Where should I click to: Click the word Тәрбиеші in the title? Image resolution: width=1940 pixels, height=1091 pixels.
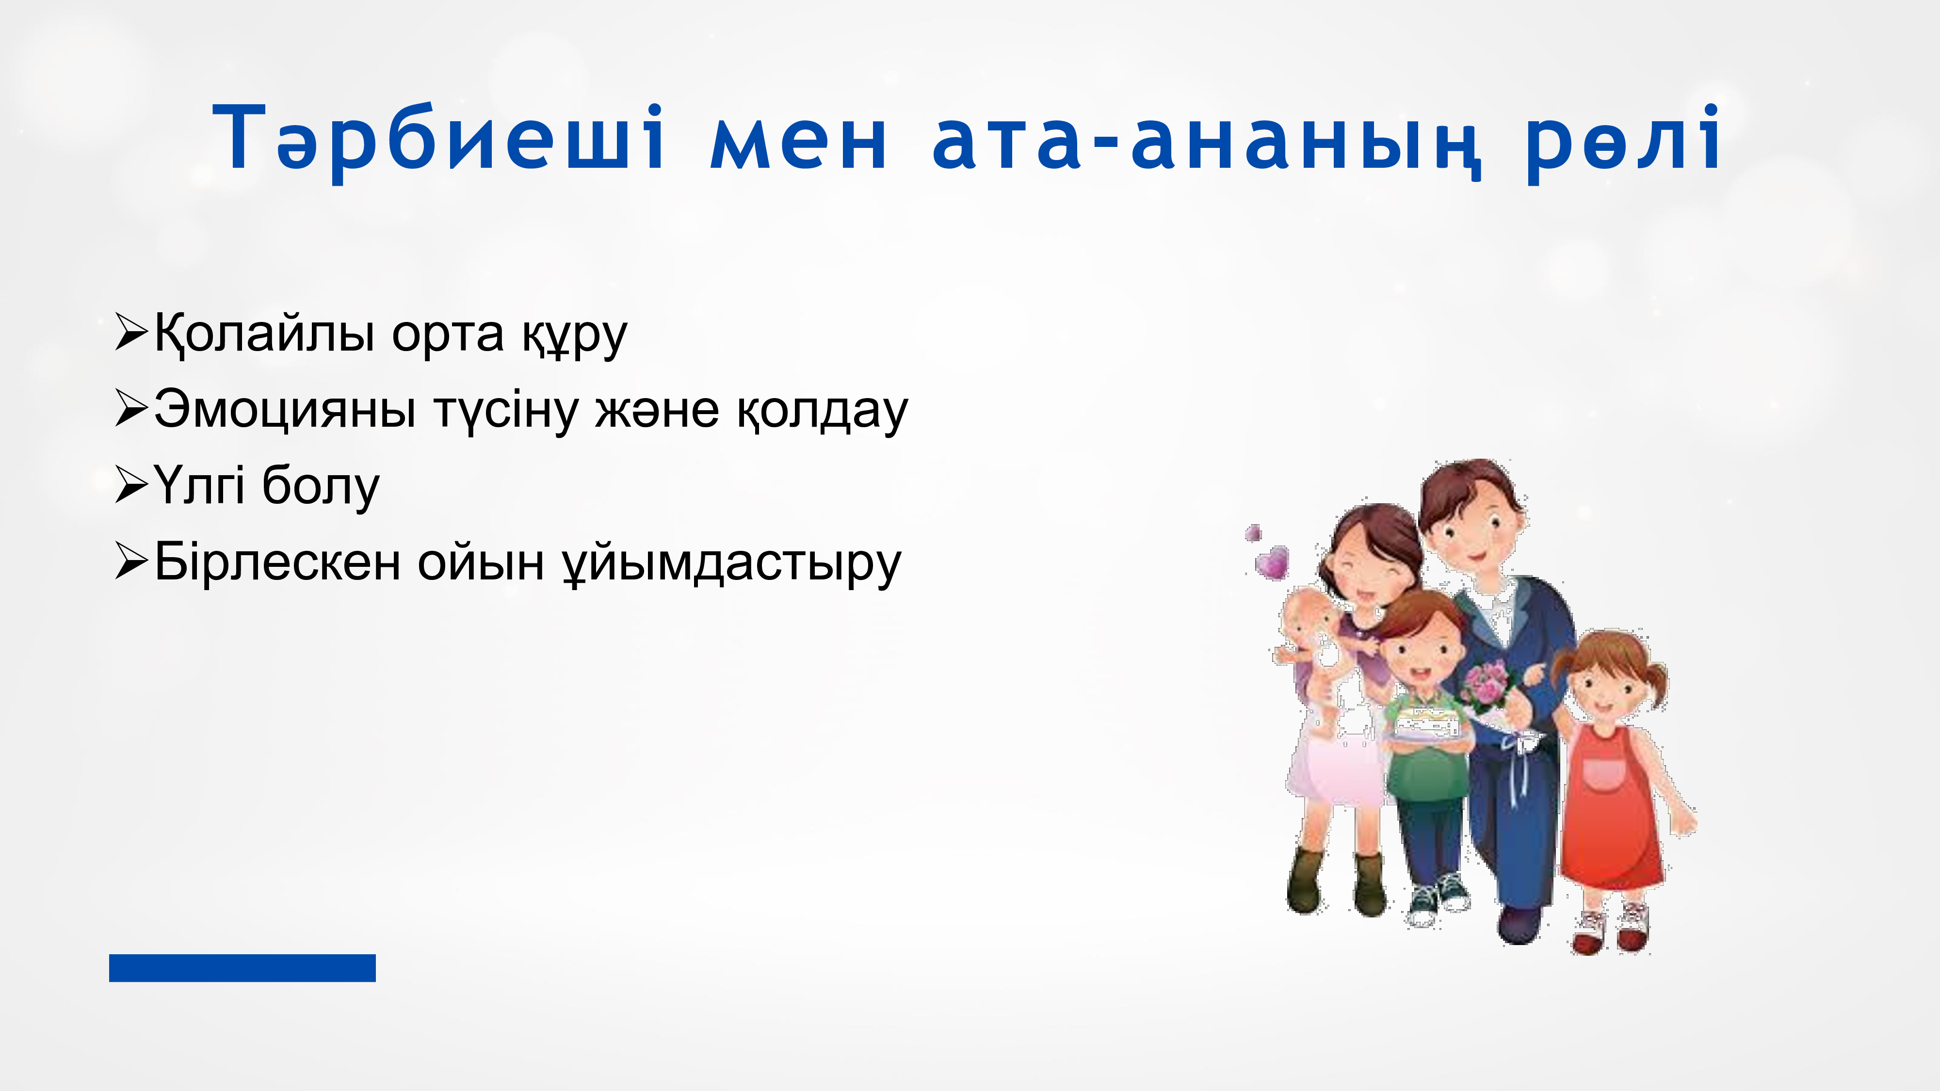[x=439, y=139]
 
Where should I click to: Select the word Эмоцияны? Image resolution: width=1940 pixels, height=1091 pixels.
[x=285, y=410]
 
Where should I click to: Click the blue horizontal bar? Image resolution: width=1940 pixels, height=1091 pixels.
[x=242, y=967]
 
